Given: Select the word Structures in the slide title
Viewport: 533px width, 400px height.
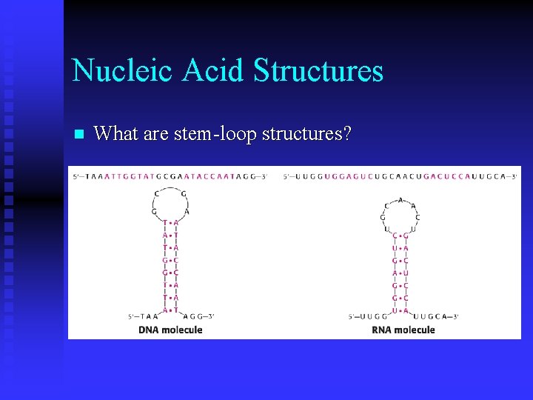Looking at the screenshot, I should click(x=318, y=71).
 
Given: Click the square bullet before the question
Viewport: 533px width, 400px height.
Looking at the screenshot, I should click(x=79, y=135).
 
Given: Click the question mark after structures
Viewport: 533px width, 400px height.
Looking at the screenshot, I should click(x=346, y=134).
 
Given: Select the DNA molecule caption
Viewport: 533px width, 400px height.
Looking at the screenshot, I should click(x=170, y=330).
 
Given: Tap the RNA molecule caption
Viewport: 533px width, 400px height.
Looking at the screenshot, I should click(x=403, y=330).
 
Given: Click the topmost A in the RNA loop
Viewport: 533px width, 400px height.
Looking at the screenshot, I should click(x=400, y=199).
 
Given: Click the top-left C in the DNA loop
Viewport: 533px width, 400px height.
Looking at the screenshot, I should click(x=155, y=194).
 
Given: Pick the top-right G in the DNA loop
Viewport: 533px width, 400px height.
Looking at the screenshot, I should click(x=184, y=194).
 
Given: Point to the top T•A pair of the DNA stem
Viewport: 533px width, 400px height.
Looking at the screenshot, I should click(x=170, y=222).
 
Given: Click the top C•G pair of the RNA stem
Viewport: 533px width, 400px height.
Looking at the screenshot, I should click(x=400, y=236).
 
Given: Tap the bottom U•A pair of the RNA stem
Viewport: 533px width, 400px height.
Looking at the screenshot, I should click(x=400, y=310).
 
